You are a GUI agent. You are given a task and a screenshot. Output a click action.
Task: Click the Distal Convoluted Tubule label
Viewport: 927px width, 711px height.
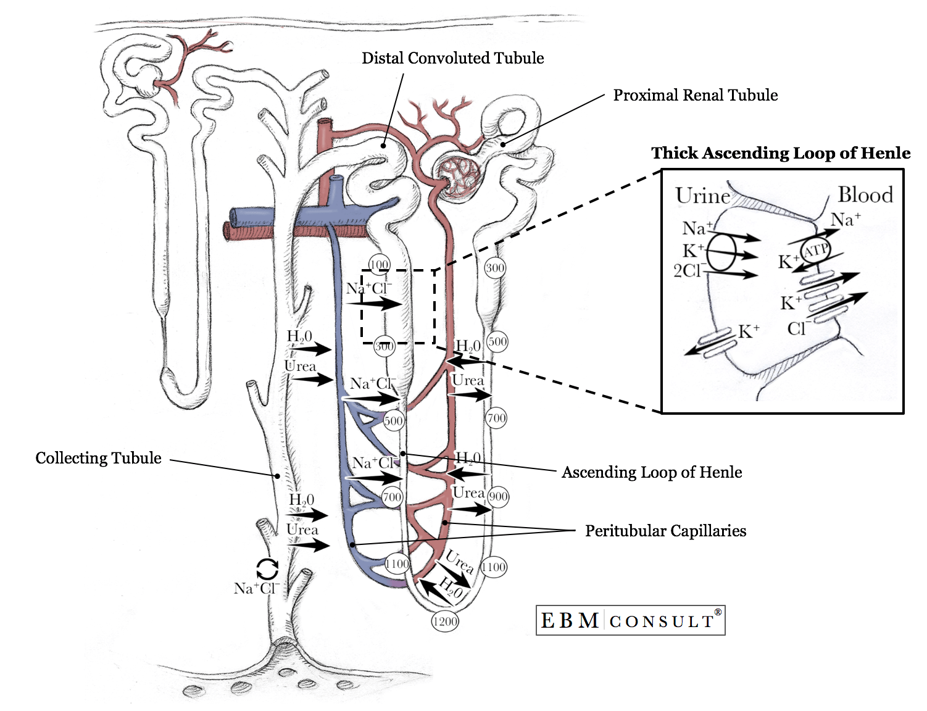452,58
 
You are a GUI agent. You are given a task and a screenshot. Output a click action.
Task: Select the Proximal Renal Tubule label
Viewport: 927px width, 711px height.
695,95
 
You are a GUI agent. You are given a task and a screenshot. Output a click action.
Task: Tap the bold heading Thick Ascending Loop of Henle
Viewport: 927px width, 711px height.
781,153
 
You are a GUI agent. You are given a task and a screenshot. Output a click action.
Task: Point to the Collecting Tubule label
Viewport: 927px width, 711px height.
98,458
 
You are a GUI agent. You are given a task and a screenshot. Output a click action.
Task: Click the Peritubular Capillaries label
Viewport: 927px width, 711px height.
665,531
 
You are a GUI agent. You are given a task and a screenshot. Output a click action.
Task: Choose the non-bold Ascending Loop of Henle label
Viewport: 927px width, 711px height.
652,472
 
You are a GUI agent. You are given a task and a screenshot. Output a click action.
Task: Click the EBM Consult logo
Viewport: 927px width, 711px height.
630,620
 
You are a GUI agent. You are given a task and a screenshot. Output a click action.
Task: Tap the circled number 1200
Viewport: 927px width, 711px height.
444,622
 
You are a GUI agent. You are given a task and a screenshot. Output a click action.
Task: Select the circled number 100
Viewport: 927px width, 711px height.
379,265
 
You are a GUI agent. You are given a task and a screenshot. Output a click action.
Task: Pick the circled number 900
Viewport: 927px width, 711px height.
498,497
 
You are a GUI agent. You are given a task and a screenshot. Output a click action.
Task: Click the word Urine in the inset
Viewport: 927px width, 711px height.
702,196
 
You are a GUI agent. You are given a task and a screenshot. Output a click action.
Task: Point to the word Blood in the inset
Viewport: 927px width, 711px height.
865,195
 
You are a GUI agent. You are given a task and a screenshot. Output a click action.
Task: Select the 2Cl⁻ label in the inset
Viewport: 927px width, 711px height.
688,271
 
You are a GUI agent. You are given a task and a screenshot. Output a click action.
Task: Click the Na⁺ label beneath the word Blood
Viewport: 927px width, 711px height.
846,220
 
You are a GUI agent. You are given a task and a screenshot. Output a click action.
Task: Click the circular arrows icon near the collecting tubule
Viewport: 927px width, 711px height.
267,569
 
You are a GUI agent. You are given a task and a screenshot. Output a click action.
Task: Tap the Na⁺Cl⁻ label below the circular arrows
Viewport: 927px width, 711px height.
256,588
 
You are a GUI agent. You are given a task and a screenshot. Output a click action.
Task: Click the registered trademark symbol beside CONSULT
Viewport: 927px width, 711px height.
718,612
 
